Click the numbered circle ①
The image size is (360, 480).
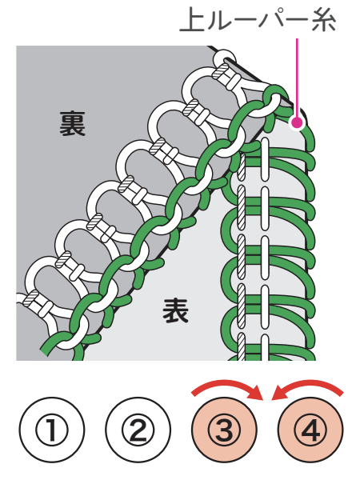[52, 430]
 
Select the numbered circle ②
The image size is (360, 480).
[138, 430]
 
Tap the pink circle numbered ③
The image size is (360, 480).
[224, 430]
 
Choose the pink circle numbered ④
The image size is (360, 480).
[310, 430]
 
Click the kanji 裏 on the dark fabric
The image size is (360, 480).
[72, 123]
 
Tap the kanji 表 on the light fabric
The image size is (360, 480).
[175, 310]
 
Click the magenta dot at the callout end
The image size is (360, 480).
[297, 122]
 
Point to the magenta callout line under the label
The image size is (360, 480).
[297, 78]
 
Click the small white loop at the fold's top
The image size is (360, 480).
[225, 58]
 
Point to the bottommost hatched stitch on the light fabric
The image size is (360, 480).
[242, 346]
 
